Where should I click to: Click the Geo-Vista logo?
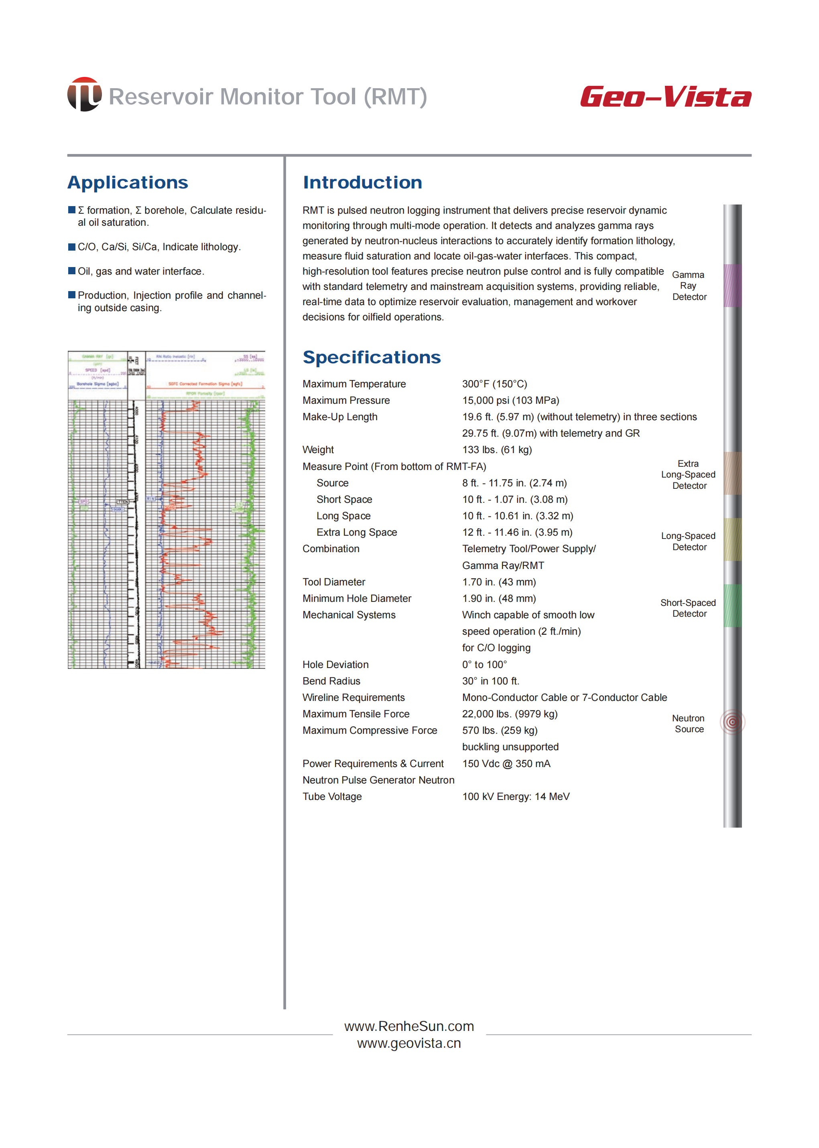665,96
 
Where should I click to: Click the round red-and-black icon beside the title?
85,94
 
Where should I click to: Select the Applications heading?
128,182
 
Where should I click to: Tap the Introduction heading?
362,182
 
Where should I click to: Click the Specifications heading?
371,357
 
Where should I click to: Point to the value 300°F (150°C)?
494,384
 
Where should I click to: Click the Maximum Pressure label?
346,401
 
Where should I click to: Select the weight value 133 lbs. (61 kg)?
497,449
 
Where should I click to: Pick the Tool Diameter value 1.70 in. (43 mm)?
499,582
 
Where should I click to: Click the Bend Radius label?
331,681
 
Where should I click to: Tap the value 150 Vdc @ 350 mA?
506,763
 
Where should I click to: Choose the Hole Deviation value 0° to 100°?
484,665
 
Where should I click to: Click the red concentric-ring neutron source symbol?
732,722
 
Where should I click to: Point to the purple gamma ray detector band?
732,286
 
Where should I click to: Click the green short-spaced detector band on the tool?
732,606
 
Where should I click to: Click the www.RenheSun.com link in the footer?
409,1026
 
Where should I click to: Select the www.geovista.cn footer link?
409,1043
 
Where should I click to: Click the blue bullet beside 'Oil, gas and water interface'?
71,271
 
